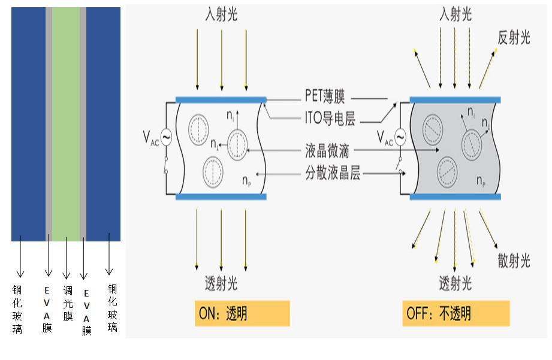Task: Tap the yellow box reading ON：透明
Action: pyautogui.click(x=242, y=313)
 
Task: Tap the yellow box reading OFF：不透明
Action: pyautogui.click(x=456, y=313)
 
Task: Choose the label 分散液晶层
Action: pyautogui.click(x=332, y=174)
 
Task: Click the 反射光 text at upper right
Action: pyautogui.click(x=514, y=38)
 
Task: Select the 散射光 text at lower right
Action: pyautogui.click(x=514, y=261)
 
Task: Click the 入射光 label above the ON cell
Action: pyautogui.click(x=221, y=14)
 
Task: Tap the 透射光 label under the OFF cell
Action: pyautogui.click(x=455, y=283)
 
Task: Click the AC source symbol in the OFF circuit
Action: pyautogui.click(x=400, y=137)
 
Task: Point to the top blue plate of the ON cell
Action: pyautogui.click(x=221, y=99)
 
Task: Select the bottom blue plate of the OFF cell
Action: pyautogui.click(x=455, y=196)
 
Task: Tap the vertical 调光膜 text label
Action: pyautogui.click(x=68, y=303)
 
